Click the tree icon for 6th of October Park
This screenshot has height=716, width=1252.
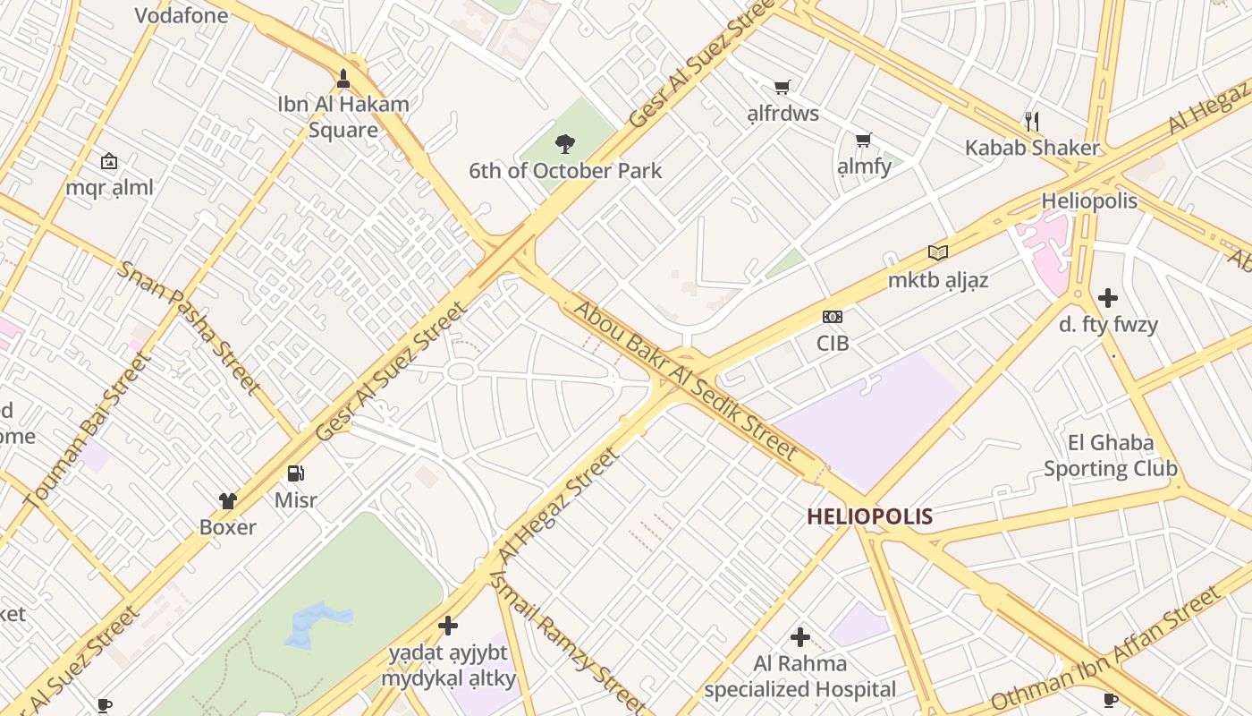tap(564, 143)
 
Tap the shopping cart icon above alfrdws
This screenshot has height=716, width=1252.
tap(782, 87)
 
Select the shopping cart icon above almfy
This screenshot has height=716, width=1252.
tap(864, 140)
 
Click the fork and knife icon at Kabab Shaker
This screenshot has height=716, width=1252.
tap(1032, 121)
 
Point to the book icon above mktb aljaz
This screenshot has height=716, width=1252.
tap(937, 252)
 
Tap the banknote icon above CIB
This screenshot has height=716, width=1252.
tap(833, 316)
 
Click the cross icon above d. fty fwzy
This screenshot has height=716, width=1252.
tap(1108, 297)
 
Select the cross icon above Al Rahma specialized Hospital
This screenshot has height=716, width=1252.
tap(800, 637)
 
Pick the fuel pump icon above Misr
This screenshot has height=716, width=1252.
tap(296, 473)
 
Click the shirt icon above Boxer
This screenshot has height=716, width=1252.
tap(228, 500)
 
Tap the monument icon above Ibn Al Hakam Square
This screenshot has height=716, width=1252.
tap(343, 78)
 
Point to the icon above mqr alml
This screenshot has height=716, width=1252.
tap(109, 161)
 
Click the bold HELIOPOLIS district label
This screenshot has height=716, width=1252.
tap(869, 516)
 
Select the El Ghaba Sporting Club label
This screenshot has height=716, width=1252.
tap(1111, 456)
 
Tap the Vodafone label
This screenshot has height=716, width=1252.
tap(182, 15)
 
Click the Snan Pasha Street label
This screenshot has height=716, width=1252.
tap(190, 328)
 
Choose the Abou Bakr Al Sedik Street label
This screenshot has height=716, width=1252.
tap(685, 379)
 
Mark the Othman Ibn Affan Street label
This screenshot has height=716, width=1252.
tap(1106, 648)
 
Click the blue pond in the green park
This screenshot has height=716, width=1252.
tap(317, 623)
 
